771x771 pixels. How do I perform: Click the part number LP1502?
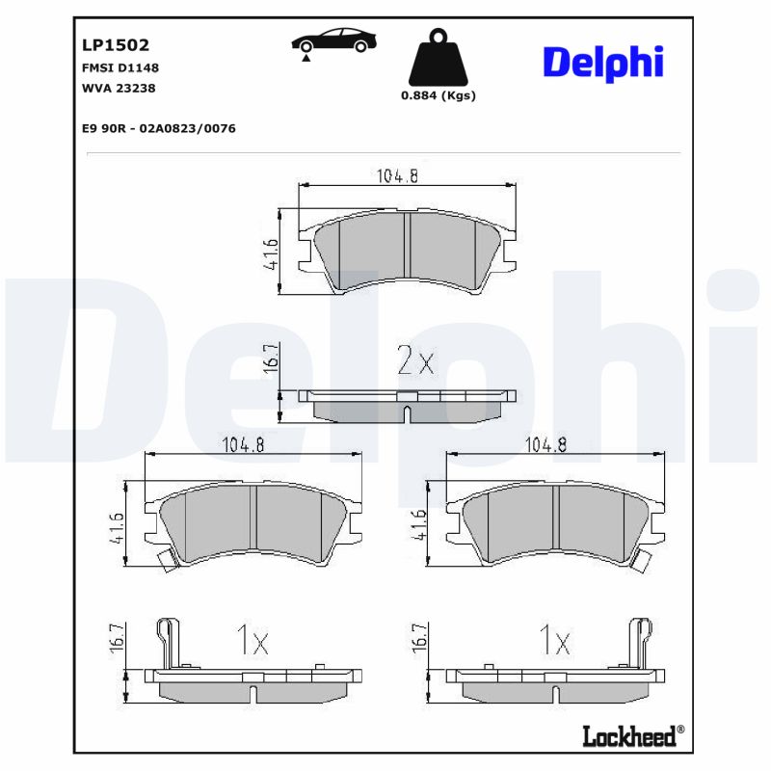(115, 44)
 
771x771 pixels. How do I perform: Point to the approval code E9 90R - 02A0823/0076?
(160, 128)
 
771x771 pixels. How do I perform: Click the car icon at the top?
(333, 42)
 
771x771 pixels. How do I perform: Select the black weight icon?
(438, 58)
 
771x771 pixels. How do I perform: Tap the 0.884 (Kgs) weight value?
(438, 95)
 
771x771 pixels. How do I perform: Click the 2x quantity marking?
(415, 362)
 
